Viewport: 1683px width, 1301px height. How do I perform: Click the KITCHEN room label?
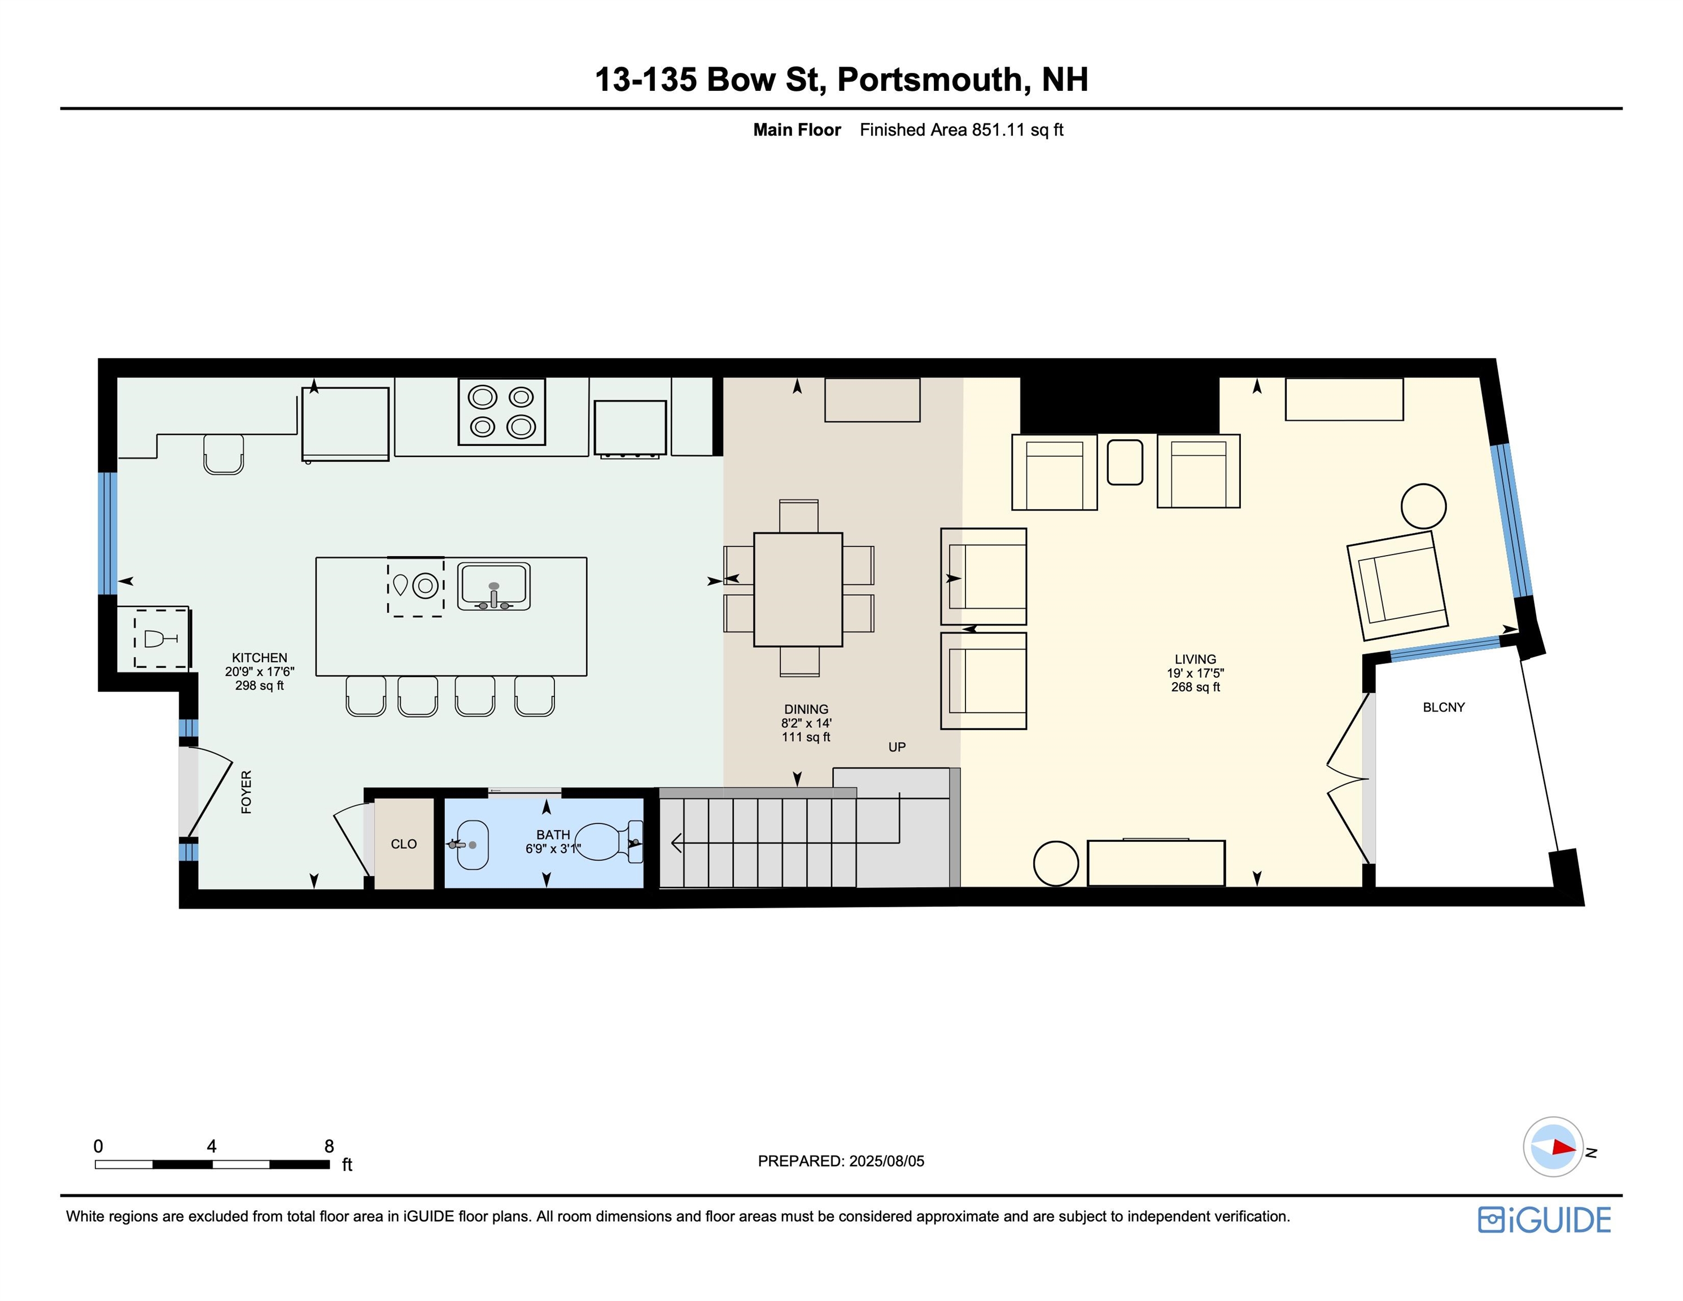259,657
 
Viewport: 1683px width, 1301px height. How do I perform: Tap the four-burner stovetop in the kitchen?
502,412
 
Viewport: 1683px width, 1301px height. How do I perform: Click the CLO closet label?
403,844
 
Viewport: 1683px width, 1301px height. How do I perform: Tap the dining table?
798,590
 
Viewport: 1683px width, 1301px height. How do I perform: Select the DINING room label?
806,709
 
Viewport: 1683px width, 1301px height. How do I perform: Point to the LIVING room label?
1195,659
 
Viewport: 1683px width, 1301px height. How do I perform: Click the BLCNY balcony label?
1444,707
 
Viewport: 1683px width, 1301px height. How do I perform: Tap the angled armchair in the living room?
1397,586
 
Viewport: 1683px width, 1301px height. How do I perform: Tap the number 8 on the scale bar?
329,1146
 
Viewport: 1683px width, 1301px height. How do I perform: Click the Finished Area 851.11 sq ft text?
961,129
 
